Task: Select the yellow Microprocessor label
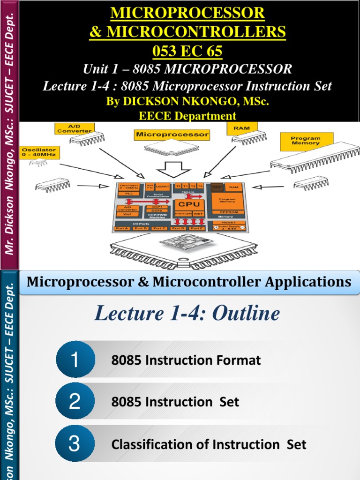click(172, 135)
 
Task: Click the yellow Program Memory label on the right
click(306, 140)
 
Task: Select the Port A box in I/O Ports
click(122, 228)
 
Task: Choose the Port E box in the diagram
click(197, 228)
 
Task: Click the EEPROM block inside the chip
click(227, 211)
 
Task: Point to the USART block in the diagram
click(163, 187)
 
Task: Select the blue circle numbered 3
click(75, 444)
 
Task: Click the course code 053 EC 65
click(187, 51)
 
